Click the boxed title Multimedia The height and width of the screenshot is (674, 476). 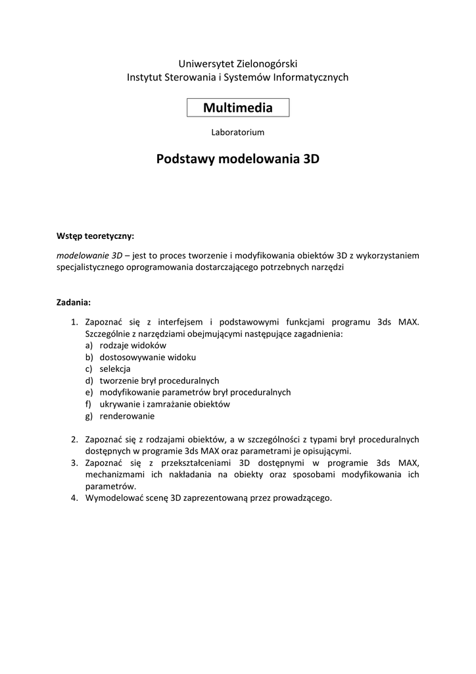pyautogui.click(x=237, y=107)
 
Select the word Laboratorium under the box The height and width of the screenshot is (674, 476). pyautogui.click(x=237, y=132)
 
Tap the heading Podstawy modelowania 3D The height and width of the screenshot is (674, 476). pyautogui.click(x=237, y=159)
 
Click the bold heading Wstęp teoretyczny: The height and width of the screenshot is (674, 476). pyautogui.click(x=95, y=236)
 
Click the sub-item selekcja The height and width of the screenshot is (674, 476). pyautogui.click(x=115, y=369)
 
